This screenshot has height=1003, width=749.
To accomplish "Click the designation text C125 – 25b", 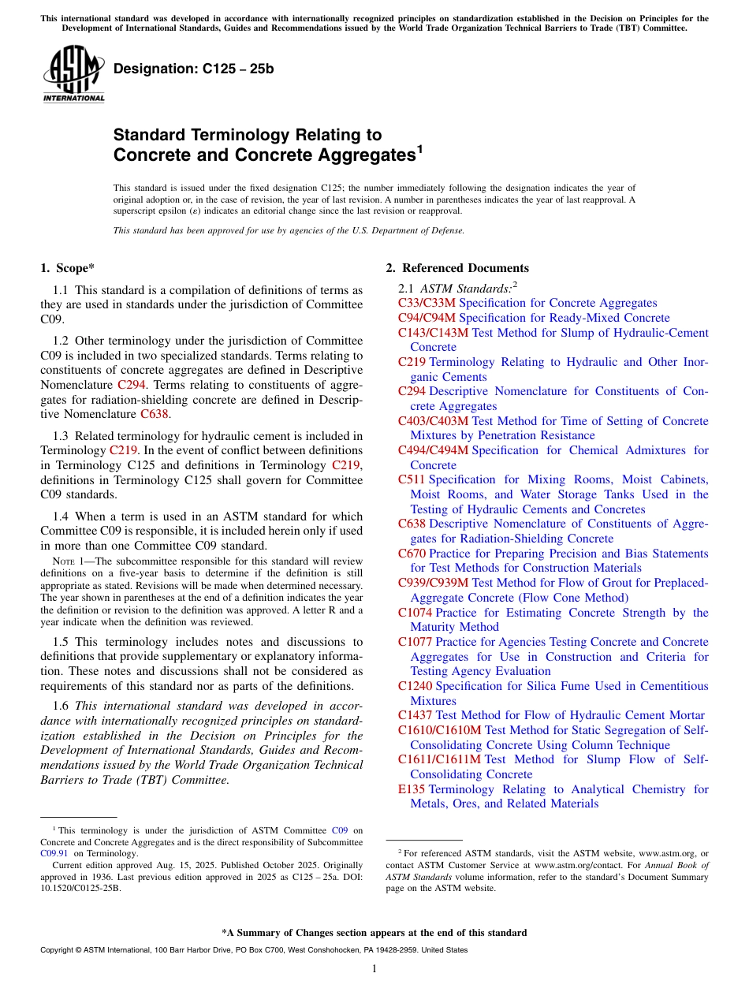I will pos(193,69).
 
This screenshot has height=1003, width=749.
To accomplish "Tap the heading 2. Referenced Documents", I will pos(457,268).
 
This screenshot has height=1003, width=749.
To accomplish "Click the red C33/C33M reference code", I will pos(427,303).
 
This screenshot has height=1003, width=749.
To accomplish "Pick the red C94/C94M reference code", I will pos(427,318).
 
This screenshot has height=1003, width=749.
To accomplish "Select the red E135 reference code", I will pos(412,789).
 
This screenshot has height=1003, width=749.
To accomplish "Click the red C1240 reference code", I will pos(415,686).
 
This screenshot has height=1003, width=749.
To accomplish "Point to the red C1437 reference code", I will pos(415,715).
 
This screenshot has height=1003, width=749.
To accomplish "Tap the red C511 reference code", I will pos(412,479).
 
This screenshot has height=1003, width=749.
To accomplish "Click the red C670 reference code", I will pos(412,554).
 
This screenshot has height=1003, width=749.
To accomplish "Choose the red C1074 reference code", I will pos(415,613).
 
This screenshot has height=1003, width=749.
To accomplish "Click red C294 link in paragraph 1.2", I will pos(131,385).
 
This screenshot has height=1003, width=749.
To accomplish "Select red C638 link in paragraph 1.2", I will pos(155,414).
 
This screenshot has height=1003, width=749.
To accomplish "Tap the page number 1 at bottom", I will pos(374,968).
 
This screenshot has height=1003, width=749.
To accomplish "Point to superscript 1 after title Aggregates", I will pos(420,148).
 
